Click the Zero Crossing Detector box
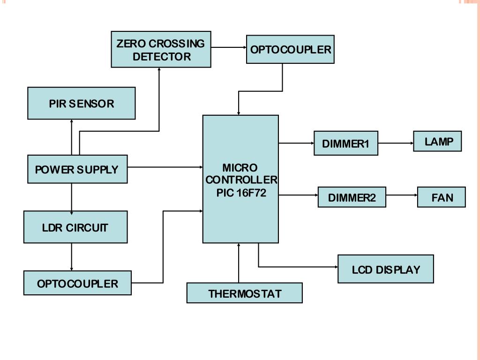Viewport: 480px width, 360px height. [161, 49]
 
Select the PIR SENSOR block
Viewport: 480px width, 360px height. [82, 103]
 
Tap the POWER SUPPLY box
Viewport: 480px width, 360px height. [77, 169]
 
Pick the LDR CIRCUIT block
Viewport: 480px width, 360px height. [75, 227]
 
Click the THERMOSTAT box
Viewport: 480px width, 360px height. [245, 293]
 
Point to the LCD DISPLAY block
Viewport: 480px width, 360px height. [386, 270]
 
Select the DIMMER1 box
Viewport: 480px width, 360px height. [346, 143]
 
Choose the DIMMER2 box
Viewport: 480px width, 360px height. [352, 197]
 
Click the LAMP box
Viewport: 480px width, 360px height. [437, 142]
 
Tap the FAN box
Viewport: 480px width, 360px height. [442, 197]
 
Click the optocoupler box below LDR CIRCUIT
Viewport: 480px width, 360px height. [77, 283]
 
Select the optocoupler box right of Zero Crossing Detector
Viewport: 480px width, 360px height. [291, 49]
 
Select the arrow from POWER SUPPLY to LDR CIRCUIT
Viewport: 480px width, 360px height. [72, 197]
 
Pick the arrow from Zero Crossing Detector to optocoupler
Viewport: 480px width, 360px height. [229, 47]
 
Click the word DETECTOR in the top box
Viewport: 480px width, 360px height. [162, 57]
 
